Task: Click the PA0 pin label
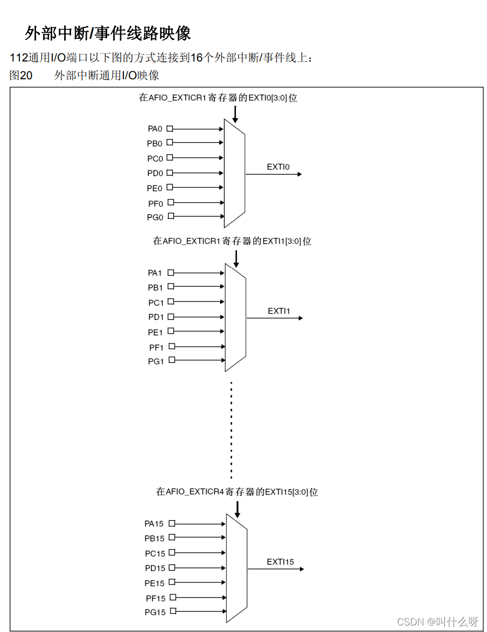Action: (155, 129)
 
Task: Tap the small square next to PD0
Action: (170, 173)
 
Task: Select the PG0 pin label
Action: (155, 217)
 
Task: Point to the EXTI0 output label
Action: (278, 167)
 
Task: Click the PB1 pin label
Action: (155, 287)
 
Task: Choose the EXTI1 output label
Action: (279, 311)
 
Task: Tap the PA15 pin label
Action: (154, 524)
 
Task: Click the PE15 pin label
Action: (154, 583)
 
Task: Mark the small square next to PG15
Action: (173, 612)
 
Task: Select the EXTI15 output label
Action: (280, 562)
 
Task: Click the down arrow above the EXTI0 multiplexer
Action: (235, 114)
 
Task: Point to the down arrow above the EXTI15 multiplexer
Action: (237, 509)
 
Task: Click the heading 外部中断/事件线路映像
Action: (108, 33)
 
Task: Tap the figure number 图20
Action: (21, 75)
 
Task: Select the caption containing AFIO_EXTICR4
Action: (237, 492)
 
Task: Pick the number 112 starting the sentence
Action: (18, 58)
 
